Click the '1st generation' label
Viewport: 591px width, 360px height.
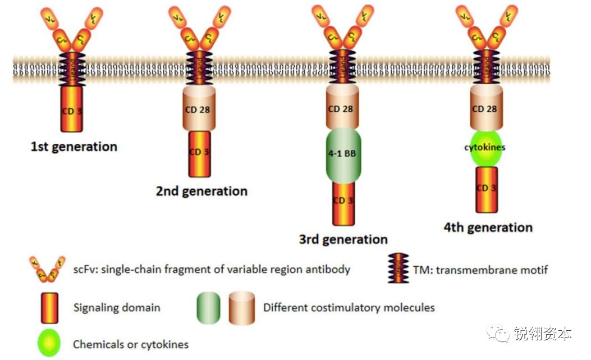pos(74,147)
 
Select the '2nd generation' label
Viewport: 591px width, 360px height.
pos(201,191)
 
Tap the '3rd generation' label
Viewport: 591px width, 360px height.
pos(343,239)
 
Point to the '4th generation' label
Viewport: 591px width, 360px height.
pos(488,227)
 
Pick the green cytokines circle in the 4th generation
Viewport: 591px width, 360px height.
pos(484,148)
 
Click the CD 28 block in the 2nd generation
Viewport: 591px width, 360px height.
pos(197,109)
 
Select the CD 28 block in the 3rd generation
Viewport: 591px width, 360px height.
pos(341,109)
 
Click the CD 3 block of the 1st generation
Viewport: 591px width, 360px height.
pos(71,110)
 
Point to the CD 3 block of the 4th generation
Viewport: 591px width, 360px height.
pos(487,189)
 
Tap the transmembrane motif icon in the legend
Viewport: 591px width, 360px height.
pos(398,269)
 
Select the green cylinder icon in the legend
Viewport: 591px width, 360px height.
pos(208,308)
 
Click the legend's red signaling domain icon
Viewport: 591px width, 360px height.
pos(49,307)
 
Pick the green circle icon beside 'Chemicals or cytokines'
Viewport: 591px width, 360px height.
pos(49,343)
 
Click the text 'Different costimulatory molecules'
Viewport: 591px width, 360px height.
pos(349,308)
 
